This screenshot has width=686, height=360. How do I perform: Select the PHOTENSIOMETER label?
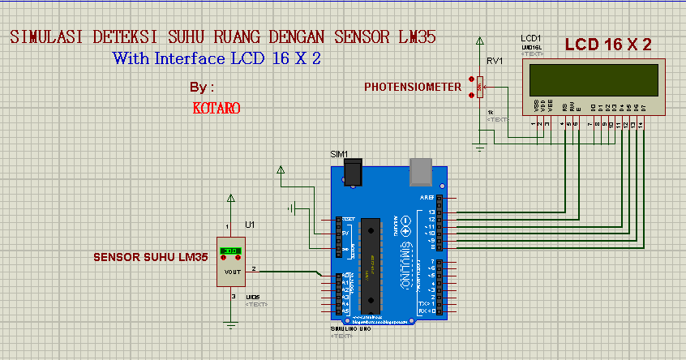(412, 87)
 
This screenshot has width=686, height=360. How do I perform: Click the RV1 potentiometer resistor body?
(480, 84)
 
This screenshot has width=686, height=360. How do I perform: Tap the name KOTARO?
(217, 107)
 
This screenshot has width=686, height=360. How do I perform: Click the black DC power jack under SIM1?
(352, 173)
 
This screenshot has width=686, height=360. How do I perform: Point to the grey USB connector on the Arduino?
(422, 170)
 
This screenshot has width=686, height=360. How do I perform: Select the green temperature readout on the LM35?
(229, 251)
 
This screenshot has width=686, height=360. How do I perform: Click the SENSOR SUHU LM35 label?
(150, 257)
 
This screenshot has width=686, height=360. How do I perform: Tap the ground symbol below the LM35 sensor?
(231, 325)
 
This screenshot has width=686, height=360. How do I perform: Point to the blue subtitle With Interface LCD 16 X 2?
(217, 58)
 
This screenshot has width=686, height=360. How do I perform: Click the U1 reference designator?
(250, 225)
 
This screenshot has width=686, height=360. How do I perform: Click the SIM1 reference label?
(338, 154)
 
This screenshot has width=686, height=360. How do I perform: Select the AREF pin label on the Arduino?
(427, 198)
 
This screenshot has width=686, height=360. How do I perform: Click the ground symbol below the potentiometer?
(479, 147)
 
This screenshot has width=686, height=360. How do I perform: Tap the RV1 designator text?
(495, 62)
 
